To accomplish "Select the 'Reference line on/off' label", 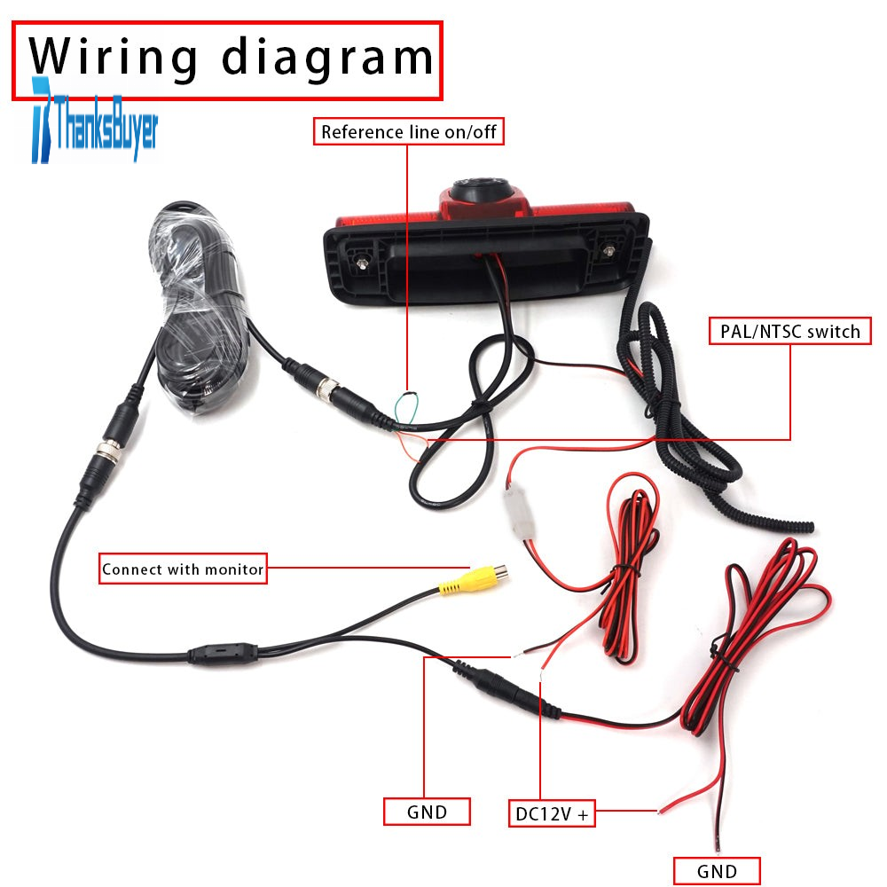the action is click(408, 132).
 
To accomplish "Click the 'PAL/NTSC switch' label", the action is click(790, 331).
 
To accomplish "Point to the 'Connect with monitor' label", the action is click(183, 569).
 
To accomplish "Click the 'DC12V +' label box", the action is click(552, 813).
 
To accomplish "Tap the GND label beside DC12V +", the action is click(428, 812).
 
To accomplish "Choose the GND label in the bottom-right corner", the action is click(717, 871).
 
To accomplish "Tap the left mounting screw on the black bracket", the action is click(361, 263).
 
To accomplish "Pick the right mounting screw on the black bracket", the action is click(608, 251).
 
